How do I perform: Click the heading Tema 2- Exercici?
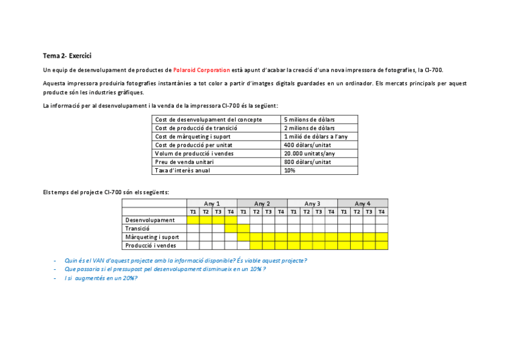(67, 56)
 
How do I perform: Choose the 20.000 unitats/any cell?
(309, 153)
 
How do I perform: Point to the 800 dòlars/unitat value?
(307, 162)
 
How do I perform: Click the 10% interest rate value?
(289, 170)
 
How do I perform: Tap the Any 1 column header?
(212, 204)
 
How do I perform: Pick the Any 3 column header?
(312, 204)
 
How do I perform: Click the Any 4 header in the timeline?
(363, 204)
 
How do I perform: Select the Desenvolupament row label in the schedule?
(150, 220)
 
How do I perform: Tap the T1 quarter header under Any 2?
(243, 212)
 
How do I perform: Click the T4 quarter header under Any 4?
(381, 212)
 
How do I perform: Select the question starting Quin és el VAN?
(186, 260)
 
